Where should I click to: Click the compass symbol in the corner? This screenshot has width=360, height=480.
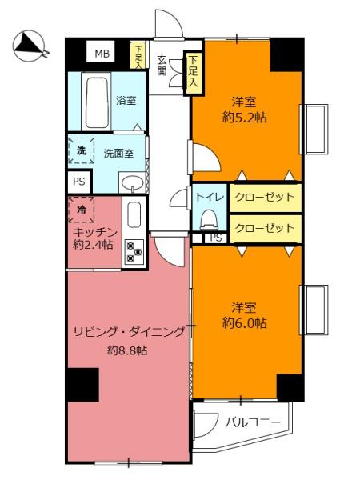point(30,46)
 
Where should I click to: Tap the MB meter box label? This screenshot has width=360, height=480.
point(102,54)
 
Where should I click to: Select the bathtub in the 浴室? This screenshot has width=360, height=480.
point(97,102)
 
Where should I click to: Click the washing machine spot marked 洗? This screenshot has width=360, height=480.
point(81,150)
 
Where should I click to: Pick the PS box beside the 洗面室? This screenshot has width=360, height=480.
point(79,182)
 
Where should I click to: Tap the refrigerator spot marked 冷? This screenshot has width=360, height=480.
point(82,210)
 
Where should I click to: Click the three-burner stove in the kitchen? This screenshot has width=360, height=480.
point(134,252)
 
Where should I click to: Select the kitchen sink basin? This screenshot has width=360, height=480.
point(134,214)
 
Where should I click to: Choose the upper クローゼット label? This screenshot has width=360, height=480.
point(265,197)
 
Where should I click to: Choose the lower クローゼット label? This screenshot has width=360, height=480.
point(265,228)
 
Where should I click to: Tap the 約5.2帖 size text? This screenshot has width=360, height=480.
point(244,118)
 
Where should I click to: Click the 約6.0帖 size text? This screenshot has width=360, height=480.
point(244,323)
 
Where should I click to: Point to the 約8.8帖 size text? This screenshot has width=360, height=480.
point(127,350)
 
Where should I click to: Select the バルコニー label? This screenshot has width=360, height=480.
point(253,422)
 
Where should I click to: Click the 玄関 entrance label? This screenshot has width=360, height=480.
point(162,66)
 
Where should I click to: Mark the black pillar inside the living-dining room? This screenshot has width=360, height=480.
point(83,385)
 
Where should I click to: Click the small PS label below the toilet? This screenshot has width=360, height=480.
point(216,238)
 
